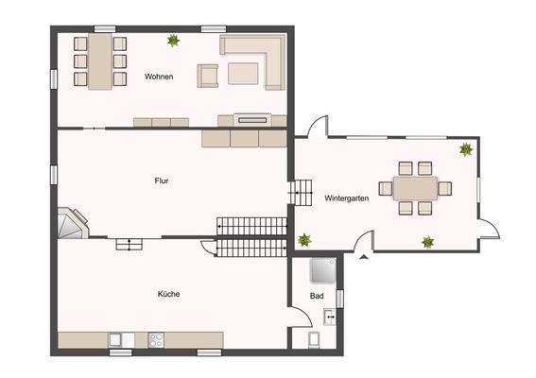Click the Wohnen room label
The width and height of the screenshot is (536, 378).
point(158,77)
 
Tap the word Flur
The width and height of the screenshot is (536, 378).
point(162,180)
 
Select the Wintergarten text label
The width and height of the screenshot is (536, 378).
point(346,198)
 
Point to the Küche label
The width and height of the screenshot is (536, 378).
point(168,294)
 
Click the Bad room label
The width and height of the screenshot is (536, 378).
point(318,296)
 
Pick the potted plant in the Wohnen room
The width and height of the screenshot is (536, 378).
point(173,41)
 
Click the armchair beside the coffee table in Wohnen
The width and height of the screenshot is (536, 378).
point(207,75)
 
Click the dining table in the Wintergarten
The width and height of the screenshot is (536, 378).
point(417,188)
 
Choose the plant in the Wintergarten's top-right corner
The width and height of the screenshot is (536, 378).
point(466,149)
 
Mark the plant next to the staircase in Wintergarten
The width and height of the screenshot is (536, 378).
point(304,240)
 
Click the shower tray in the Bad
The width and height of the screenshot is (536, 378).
point(321,271)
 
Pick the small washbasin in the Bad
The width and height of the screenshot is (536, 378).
point(328,316)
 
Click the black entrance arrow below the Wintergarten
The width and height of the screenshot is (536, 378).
point(363,254)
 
